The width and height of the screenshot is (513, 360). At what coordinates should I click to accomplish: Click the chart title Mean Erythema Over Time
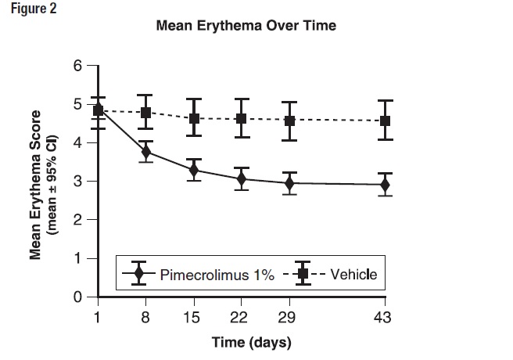click(246, 26)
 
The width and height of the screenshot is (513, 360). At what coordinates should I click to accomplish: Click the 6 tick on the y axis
click(77, 67)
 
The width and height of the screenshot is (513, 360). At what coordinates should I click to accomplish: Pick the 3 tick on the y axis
click(77, 182)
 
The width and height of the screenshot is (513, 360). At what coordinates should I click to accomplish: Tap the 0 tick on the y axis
click(77, 297)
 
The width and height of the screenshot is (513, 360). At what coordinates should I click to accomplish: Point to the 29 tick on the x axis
click(289, 316)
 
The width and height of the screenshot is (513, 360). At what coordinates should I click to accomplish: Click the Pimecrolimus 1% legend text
click(217, 274)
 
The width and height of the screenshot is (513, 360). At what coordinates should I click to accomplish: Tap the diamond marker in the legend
click(138, 274)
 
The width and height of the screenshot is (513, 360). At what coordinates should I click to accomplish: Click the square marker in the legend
click(302, 274)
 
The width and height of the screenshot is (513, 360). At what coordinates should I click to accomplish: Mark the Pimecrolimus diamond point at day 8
click(145, 152)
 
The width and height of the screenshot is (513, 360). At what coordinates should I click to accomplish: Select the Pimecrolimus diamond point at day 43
click(385, 185)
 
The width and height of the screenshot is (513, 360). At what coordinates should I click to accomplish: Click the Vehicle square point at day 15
click(193, 119)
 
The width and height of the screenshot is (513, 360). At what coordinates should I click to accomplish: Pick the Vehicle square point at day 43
click(385, 121)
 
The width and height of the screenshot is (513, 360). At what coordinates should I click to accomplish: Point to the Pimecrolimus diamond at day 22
click(241, 178)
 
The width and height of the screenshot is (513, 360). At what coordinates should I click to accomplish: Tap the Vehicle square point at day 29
click(289, 121)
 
